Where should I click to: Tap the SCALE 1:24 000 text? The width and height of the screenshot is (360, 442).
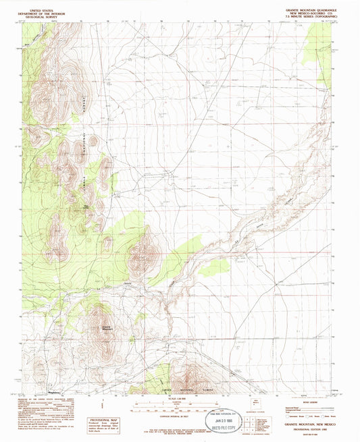(x=179, y=399)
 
